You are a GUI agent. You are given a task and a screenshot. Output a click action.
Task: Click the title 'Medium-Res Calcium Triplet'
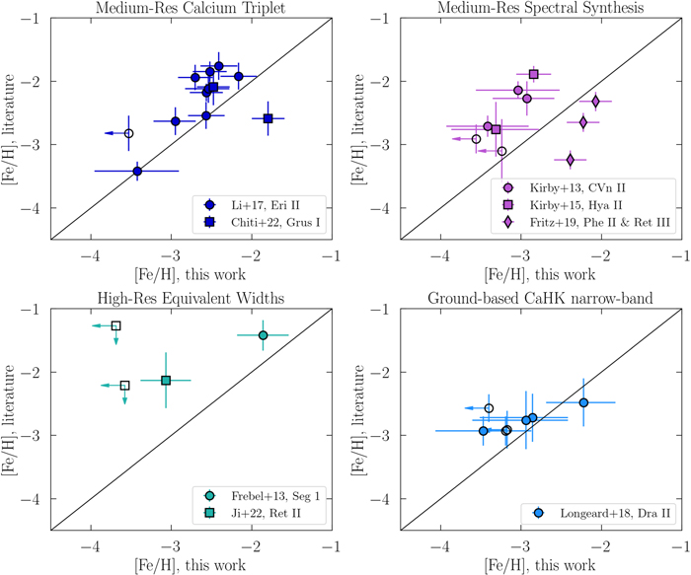tap(191, 8)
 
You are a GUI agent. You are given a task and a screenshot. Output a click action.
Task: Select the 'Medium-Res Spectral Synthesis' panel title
tap(540, 8)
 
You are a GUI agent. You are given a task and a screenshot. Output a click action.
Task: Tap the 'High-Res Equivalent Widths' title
tap(191, 298)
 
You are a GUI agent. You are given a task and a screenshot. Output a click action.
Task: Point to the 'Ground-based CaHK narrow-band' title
tap(540, 298)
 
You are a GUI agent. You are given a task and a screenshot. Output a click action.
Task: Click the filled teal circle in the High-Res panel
tap(264, 335)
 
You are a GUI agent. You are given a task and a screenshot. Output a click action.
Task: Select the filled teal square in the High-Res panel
tap(166, 381)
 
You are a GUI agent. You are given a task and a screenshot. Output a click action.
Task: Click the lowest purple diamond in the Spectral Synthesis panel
tap(571, 160)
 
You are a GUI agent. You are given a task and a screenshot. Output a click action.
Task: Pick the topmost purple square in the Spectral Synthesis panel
tap(534, 74)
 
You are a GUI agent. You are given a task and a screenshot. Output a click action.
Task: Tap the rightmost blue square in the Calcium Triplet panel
tap(268, 118)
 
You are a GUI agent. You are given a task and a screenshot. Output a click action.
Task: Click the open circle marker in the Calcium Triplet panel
tap(128, 133)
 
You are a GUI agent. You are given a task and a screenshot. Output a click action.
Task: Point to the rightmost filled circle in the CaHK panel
tap(583, 402)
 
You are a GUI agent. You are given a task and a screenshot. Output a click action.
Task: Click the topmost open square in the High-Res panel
tap(115, 325)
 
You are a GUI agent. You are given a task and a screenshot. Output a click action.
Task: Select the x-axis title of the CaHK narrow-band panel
tap(540, 565)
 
